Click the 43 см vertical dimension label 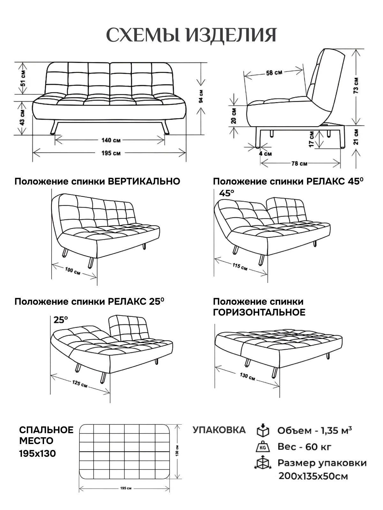pyautogui.click(x=22, y=118)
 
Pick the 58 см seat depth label pyautogui.click(x=274, y=73)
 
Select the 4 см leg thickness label pyautogui.click(x=265, y=154)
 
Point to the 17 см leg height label pyautogui.click(x=311, y=139)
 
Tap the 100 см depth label pyautogui.click(x=72, y=271)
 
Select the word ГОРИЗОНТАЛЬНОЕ pyautogui.click(x=259, y=312)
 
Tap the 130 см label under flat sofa pyautogui.click(x=247, y=376)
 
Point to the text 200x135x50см pyautogui.click(x=313, y=477)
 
